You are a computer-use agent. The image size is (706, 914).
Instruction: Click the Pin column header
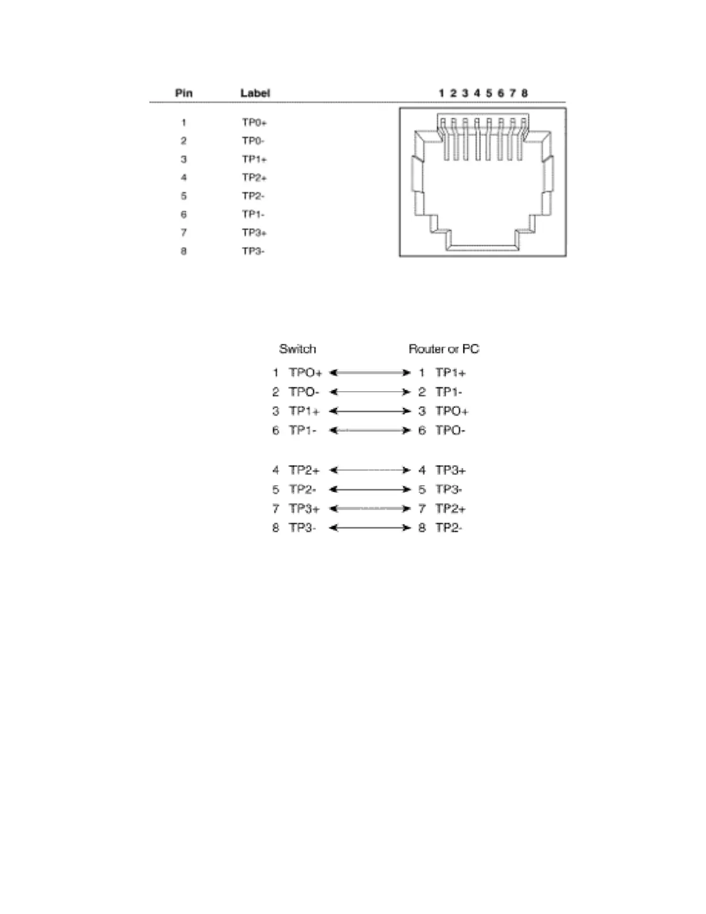click(184, 93)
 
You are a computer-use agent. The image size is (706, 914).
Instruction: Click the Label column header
click(255, 93)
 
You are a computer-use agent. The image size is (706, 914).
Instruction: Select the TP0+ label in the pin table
click(254, 122)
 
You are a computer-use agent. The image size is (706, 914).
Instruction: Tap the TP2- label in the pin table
click(253, 196)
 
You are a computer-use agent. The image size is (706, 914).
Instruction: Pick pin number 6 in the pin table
click(183, 214)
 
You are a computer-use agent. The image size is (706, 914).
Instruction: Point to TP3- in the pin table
click(253, 251)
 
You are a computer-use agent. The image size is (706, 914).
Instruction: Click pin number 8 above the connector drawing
click(524, 93)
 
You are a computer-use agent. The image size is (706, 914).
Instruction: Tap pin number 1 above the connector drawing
click(441, 93)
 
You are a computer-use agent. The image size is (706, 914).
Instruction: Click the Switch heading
click(298, 349)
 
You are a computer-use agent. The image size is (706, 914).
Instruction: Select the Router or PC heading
click(444, 349)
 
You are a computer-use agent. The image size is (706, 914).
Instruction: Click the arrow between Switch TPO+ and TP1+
click(370, 373)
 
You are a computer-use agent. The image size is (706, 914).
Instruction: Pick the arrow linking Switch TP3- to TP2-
click(370, 527)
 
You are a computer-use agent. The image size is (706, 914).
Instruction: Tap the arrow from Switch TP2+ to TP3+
click(370, 470)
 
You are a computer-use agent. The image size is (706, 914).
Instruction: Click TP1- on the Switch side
click(303, 430)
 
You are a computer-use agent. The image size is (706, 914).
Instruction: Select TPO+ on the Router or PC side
click(452, 411)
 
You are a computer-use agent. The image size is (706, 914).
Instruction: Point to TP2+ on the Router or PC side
click(450, 508)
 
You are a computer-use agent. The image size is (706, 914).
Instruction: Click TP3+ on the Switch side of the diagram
click(304, 508)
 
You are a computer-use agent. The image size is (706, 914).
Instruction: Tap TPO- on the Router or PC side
click(450, 430)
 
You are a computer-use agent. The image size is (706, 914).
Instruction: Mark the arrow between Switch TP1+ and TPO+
click(370, 411)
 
